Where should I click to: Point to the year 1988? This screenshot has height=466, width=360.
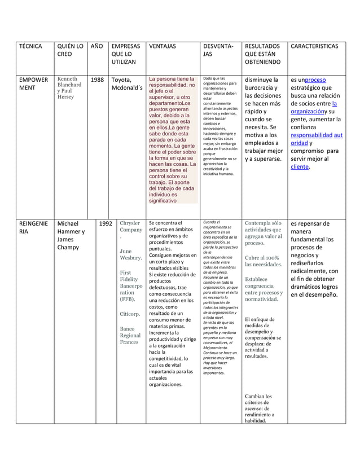tap(97, 80)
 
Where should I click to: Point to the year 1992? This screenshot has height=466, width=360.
tap(105, 223)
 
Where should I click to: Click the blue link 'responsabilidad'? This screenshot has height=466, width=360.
tap(311, 135)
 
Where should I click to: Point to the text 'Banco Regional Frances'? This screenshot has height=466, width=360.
tap(130, 335)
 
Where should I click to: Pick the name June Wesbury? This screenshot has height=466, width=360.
tap(130, 254)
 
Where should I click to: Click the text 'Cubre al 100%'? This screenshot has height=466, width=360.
tap(263, 258)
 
